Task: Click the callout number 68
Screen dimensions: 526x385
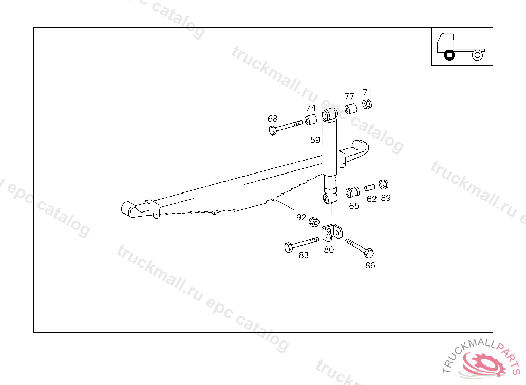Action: [x=272, y=119]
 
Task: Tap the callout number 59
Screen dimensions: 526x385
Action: [x=315, y=140]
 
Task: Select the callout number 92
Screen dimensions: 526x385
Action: [x=301, y=217]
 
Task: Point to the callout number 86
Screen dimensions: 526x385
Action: [x=370, y=265]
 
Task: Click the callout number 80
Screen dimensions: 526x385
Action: [x=329, y=249]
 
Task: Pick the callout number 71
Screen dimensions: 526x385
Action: [x=367, y=92]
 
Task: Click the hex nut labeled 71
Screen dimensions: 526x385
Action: [x=367, y=104]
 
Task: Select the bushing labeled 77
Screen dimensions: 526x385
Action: [x=351, y=109]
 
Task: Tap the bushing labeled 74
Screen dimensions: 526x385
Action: [x=311, y=120]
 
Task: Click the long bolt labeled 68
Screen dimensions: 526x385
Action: [x=286, y=127]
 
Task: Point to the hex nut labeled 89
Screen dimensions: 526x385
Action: [x=383, y=184]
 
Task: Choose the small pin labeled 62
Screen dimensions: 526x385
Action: [x=370, y=187]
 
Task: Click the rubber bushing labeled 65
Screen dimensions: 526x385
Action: [x=352, y=192]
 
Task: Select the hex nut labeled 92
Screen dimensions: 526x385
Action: [x=314, y=222]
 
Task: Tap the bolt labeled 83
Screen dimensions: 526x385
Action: [x=302, y=244]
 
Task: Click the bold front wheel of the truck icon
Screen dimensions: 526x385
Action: [x=449, y=55]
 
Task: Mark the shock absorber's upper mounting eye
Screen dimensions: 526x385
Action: [x=330, y=114]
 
